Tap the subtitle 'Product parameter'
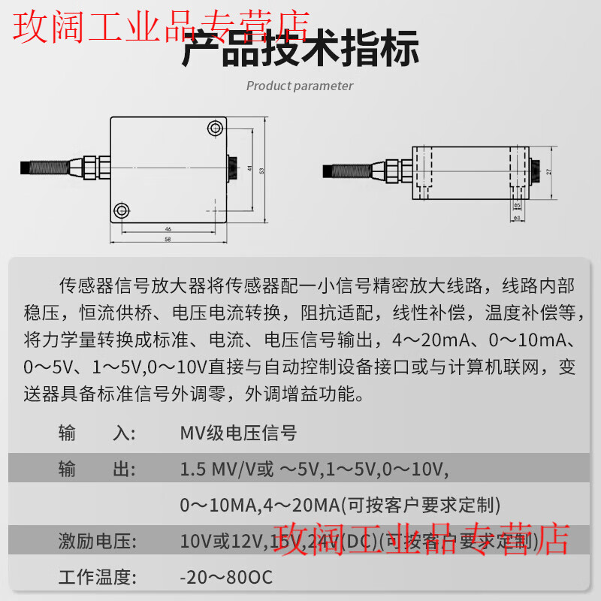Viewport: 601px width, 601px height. click(300, 86)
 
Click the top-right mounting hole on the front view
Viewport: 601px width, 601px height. click(215, 128)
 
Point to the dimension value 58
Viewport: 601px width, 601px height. click(168, 239)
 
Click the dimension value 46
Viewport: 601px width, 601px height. click(168, 228)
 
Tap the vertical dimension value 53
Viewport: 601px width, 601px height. click(261, 171)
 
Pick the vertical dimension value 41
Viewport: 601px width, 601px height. click(249, 168)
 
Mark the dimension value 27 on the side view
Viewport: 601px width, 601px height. click(548, 171)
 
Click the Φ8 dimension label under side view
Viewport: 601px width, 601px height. click(516, 218)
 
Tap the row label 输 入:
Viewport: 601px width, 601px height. click(97, 433)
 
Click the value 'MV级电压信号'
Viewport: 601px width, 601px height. click(238, 433)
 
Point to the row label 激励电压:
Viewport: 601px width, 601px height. click(97, 541)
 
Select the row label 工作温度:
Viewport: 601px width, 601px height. click(97, 578)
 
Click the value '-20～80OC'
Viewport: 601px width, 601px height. click(226, 578)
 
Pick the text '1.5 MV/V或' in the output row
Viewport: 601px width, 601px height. click(227, 470)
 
